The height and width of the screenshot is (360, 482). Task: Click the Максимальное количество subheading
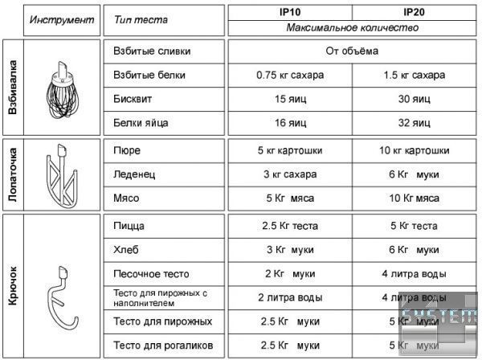pos(352,27)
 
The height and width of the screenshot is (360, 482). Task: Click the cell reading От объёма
pos(352,51)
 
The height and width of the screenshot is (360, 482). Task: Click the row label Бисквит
pos(131,100)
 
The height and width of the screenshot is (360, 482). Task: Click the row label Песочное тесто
pos(150,273)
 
